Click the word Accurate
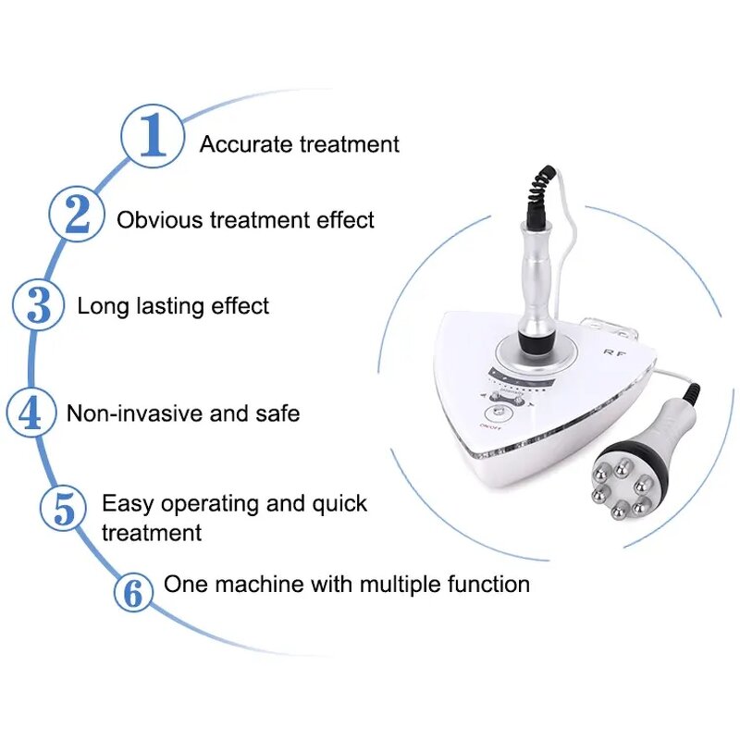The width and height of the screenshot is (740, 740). click(245, 144)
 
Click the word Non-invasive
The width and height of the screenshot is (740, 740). click(135, 413)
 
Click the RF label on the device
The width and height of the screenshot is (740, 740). click(610, 352)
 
